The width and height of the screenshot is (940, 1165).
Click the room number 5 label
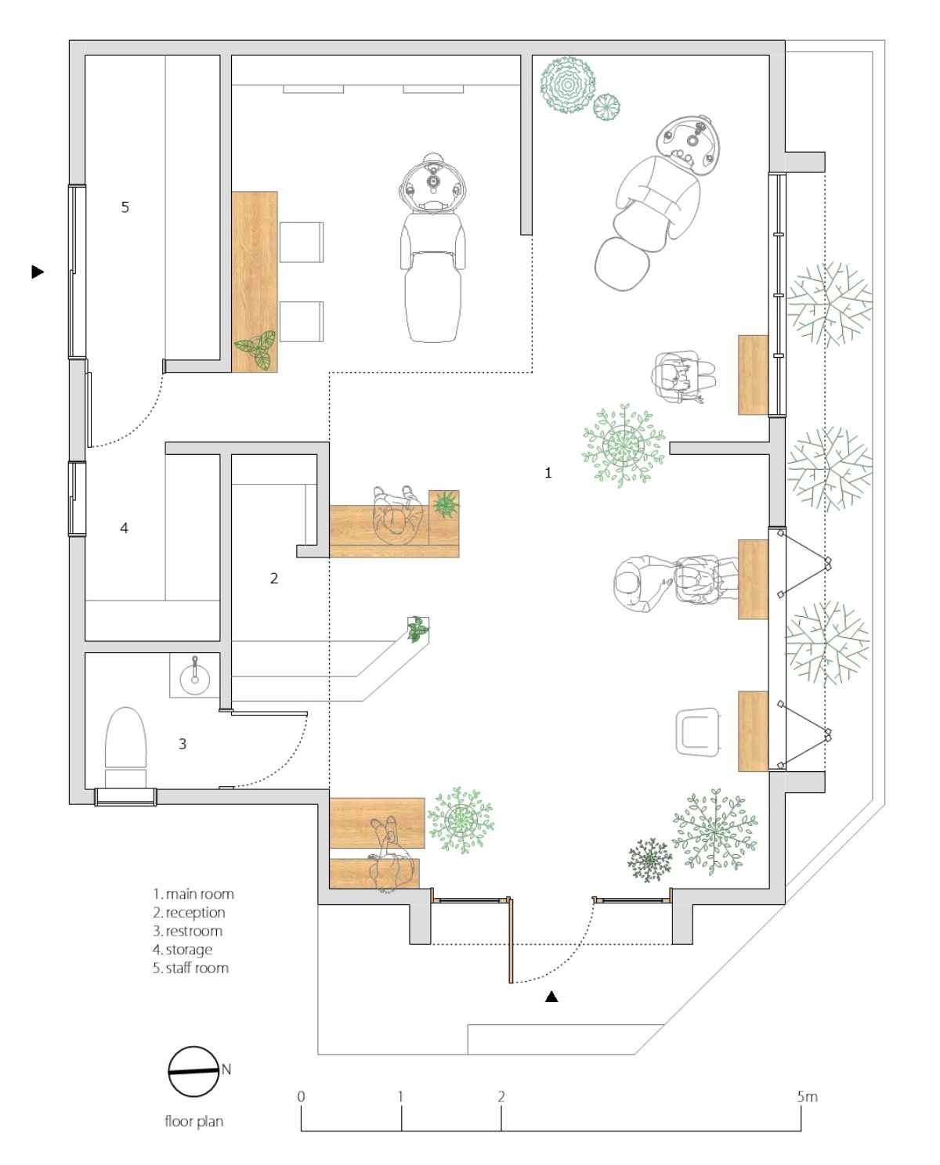[x=125, y=207]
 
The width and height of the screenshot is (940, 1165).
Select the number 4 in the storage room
[x=124, y=528]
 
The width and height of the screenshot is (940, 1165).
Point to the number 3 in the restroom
[x=183, y=744]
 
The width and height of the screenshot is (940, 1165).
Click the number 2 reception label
[x=274, y=578]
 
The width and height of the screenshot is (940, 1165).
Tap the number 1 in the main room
[x=548, y=473]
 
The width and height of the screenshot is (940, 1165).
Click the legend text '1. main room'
[x=193, y=894]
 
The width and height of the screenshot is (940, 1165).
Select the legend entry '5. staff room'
[x=190, y=968]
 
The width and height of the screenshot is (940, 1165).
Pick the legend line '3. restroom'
[x=187, y=931]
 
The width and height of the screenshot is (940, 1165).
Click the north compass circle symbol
[x=193, y=1071]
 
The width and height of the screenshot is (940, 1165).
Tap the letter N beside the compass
[x=226, y=1069]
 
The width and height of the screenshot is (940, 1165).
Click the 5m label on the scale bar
[x=807, y=1097]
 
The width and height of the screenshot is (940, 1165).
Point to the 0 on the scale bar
[x=302, y=1097]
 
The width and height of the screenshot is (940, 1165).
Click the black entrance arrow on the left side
[x=38, y=272]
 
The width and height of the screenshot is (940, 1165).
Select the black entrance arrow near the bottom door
[x=551, y=996]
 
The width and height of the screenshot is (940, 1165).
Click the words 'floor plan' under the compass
[x=194, y=1121]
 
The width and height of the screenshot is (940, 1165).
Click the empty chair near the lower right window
[x=699, y=732]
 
